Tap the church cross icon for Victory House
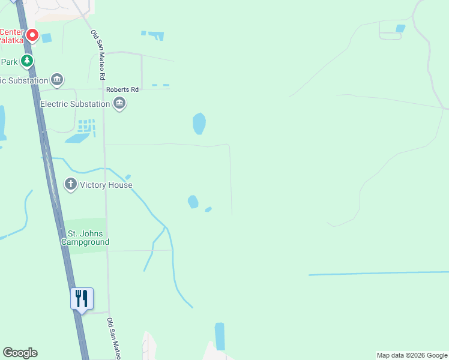pos(71,184)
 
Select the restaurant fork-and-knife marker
pos(82,298)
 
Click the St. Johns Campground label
pos(85,238)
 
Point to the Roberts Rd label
pos(122,90)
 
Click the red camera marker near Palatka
pos(32,36)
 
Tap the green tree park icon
pos(27,61)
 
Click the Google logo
pos(20,353)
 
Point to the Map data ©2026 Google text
pos(412,355)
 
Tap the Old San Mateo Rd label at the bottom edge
pos(114,338)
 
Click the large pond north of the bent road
pos(199,124)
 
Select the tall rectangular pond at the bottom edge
pos(220,336)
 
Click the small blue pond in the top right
pos(400,28)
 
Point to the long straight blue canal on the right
pos(378,274)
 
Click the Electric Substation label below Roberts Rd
pos(75,104)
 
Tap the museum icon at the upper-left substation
pos(57,79)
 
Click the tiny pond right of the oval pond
pos(208,209)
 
